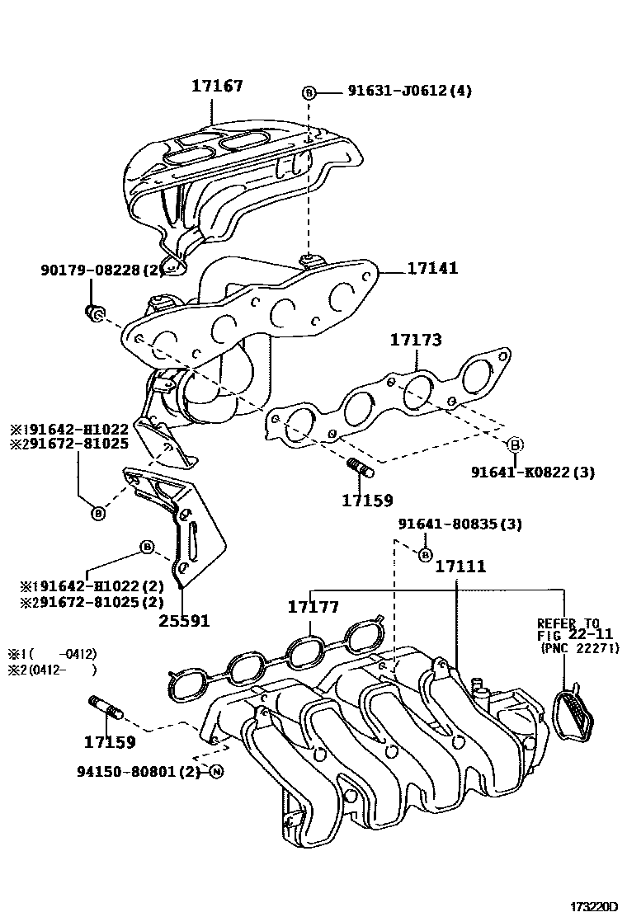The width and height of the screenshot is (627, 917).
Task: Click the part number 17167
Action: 218,86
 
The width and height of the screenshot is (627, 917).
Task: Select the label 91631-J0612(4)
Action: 398,92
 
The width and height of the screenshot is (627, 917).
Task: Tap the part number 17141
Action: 431,269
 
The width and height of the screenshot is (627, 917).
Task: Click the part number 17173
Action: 416,340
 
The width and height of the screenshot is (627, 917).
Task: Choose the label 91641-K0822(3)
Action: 533,473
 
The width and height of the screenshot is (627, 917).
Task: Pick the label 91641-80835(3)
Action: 460,524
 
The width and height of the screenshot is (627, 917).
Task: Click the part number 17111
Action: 460,567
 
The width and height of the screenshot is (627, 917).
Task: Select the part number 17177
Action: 313,607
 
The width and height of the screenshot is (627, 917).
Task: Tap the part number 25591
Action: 183,620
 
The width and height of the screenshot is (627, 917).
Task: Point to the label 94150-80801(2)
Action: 139,773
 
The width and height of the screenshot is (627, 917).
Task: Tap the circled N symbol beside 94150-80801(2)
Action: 215,773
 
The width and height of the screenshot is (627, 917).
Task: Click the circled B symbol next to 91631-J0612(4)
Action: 309,92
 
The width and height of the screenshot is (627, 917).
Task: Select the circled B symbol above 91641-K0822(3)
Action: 514,445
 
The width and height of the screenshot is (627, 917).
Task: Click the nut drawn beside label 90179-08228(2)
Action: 94,312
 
